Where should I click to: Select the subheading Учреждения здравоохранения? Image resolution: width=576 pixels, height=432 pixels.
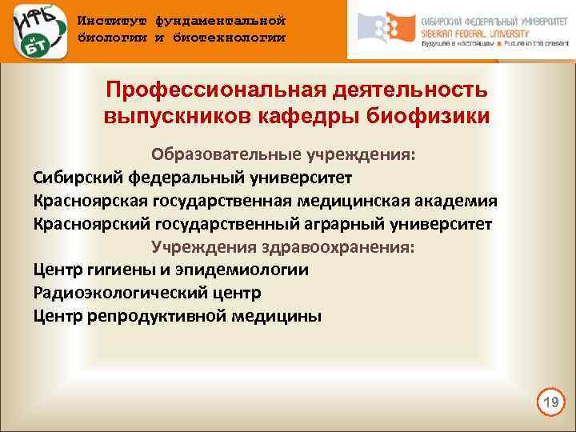coord(283,246)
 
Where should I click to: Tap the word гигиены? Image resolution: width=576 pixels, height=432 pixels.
coord(118,270)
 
